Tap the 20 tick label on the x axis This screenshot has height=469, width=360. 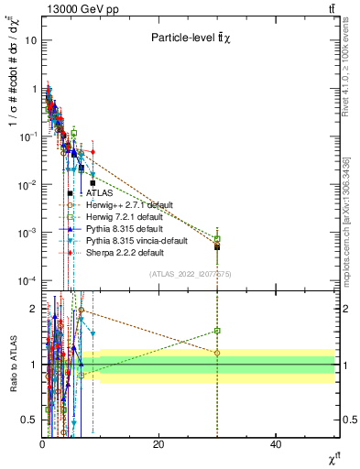pyautogui.click(x=158, y=444)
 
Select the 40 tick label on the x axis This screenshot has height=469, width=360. pyautogui.click(x=275, y=444)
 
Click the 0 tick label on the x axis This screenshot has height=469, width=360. pyautogui.click(x=42, y=444)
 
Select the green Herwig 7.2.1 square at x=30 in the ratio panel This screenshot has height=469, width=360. pyautogui.click(x=217, y=331)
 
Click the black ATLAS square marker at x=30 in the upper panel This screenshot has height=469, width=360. pyautogui.click(x=217, y=247)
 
